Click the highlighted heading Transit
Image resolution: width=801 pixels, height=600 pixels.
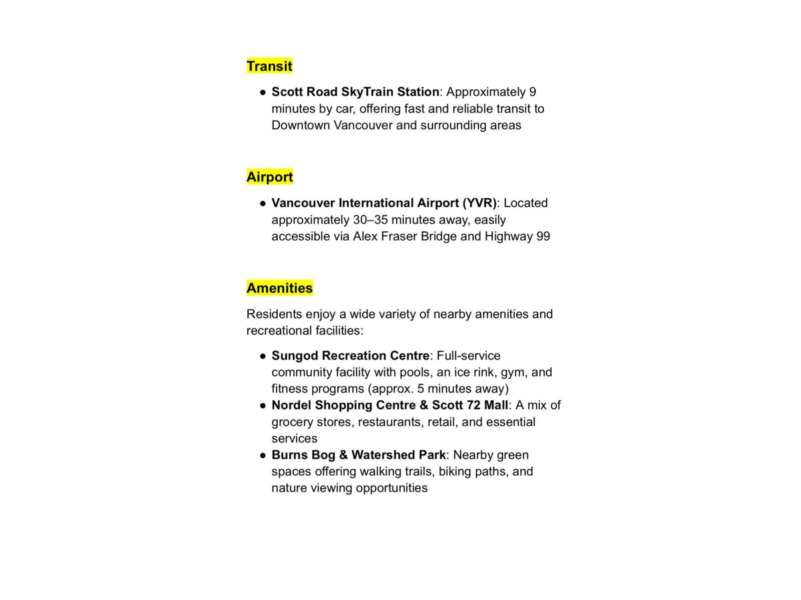tap(269, 66)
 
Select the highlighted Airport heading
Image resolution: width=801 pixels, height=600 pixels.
tap(269, 177)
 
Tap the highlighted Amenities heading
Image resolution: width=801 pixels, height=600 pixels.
tap(279, 288)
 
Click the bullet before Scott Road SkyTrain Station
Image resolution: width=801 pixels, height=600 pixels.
tap(263, 92)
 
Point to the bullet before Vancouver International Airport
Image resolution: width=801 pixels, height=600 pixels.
tap(263, 203)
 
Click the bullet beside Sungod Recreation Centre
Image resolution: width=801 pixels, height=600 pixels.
tap(263, 356)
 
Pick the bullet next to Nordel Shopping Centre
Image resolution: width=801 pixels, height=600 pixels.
tap(263, 406)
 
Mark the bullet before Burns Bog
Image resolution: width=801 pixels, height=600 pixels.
tap(263, 455)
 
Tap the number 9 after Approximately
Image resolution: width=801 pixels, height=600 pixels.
tap(533, 92)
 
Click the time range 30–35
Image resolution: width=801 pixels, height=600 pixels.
tap(370, 220)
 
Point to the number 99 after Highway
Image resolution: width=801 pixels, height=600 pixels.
tap(543, 236)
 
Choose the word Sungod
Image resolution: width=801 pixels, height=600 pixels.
tap(295, 356)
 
